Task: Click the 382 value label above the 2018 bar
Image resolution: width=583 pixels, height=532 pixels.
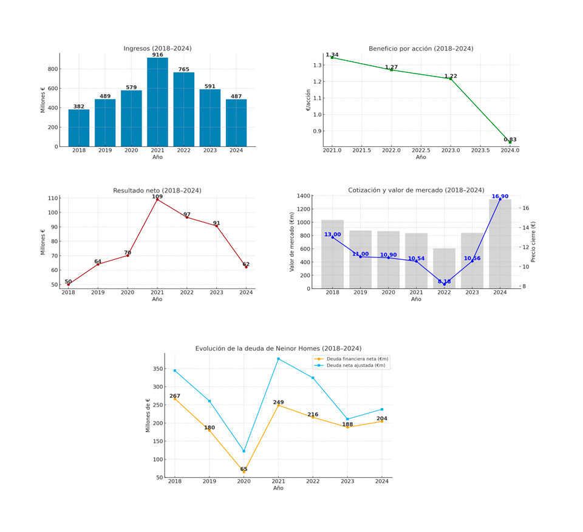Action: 79,106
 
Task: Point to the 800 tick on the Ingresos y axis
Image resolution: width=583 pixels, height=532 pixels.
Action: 53,69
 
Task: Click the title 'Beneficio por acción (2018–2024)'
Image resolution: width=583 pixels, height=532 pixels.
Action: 421,49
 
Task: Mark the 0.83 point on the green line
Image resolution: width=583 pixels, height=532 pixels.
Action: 510,142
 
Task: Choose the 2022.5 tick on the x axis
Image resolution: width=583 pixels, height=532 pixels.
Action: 421,150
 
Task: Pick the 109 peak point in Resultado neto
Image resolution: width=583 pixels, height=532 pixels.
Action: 157,199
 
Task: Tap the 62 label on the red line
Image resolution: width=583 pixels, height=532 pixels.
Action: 246,264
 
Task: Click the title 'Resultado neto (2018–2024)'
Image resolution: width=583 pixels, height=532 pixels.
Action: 157,191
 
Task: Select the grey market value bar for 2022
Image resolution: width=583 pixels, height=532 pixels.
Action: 444,268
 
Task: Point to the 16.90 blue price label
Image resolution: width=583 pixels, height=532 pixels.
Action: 500,196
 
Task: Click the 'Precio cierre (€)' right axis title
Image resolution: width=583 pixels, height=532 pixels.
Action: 533,242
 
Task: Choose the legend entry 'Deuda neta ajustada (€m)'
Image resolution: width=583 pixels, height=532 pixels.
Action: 357,366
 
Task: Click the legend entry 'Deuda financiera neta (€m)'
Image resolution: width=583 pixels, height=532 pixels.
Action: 357,359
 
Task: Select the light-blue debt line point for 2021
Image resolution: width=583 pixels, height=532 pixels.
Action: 278,359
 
